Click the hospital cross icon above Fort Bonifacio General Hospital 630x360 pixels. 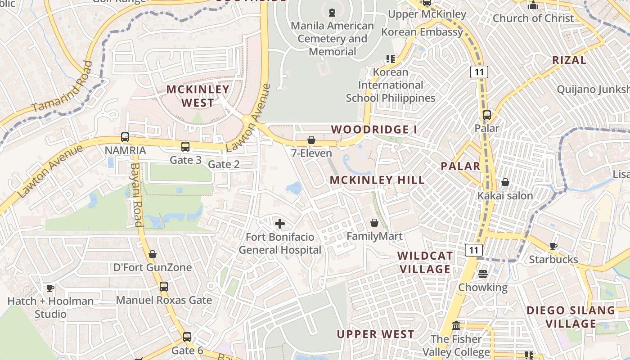(x=280, y=223)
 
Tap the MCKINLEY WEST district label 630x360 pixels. (x=198, y=96)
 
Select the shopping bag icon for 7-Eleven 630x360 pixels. (x=311, y=140)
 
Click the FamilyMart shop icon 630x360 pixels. (x=374, y=223)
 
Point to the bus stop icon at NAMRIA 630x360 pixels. (x=125, y=137)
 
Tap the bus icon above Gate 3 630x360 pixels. (x=185, y=146)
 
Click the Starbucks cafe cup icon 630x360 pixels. (x=553, y=246)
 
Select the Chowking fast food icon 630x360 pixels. (x=483, y=274)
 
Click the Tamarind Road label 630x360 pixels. (x=62, y=87)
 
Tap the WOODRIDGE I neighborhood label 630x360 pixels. (x=374, y=130)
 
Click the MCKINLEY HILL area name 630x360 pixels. (x=377, y=180)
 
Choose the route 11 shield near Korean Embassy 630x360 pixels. (x=479, y=72)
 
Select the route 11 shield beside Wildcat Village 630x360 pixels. (x=474, y=250)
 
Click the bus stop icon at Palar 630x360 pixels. (x=486, y=115)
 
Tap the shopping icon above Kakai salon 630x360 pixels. (x=505, y=182)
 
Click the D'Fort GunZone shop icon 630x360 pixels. (x=153, y=254)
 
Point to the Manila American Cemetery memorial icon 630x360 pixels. (x=332, y=12)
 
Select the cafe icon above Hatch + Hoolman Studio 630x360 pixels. (x=50, y=288)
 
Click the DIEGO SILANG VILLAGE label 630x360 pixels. (x=571, y=317)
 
